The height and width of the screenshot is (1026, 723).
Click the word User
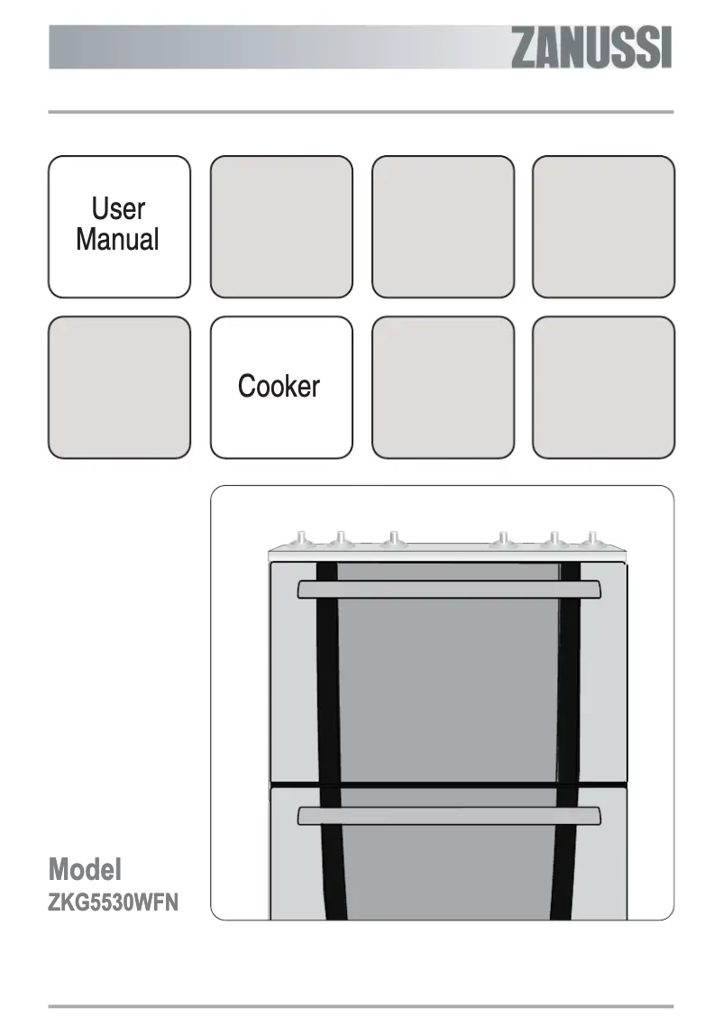click(118, 209)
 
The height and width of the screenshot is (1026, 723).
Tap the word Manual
click(118, 240)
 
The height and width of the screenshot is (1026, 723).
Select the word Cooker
click(279, 387)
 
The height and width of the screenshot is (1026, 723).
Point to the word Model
click(85, 870)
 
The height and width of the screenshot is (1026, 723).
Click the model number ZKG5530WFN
click(114, 902)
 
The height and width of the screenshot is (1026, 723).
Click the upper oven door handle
click(449, 589)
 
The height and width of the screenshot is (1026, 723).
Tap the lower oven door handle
click(449, 816)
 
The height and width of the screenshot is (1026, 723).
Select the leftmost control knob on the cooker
click(299, 539)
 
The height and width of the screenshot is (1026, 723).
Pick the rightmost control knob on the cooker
click(590, 539)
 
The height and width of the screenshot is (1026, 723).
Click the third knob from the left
click(391, 539)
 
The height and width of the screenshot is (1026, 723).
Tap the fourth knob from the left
click(503, 539)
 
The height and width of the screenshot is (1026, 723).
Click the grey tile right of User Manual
click(281, 226)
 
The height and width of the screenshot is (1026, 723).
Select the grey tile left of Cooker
click(119, 387)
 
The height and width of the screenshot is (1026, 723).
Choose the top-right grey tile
click(603, 226)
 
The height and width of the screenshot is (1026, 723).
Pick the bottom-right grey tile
click(603, 387)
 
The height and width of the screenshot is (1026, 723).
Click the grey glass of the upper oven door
click(449, 685)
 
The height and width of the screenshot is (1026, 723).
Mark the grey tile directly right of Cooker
click(443, 387)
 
